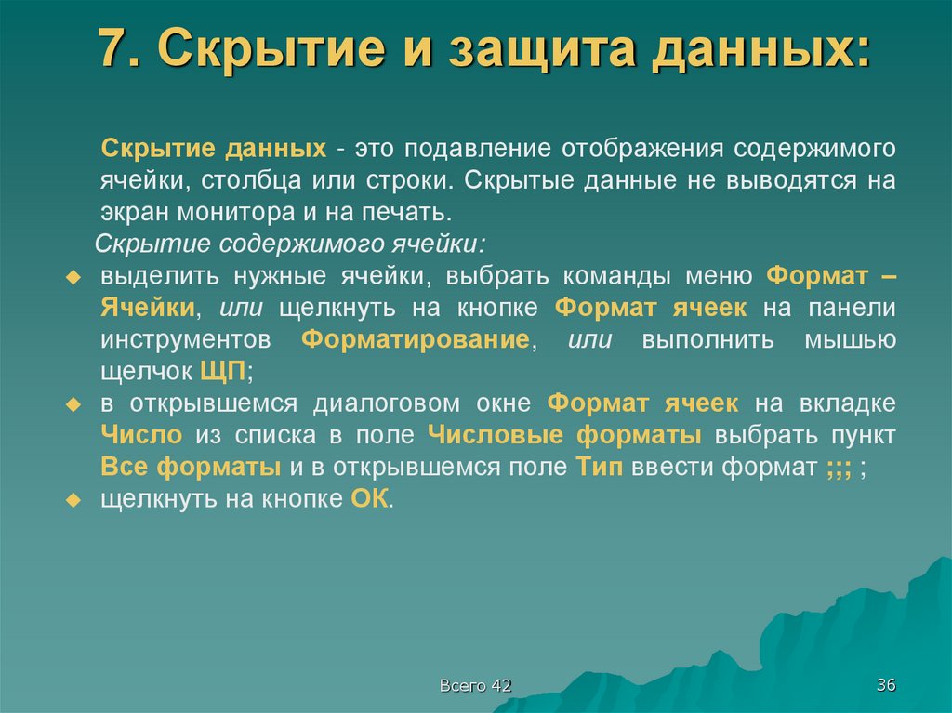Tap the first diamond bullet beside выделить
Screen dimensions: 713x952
coord(78,278)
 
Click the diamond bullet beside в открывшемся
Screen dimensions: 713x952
coord(78,404)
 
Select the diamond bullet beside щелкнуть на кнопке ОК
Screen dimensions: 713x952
coord(78,499)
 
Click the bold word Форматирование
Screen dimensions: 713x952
coord(416,339)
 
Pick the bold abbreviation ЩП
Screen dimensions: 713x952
coord(222,371)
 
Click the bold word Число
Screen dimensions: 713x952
coord(139,434)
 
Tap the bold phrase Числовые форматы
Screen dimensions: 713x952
coord(564,434)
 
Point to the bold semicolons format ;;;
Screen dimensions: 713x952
coord(838,468)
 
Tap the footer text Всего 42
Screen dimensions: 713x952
coord(476,686)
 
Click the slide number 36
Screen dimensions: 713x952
coord(884,686)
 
